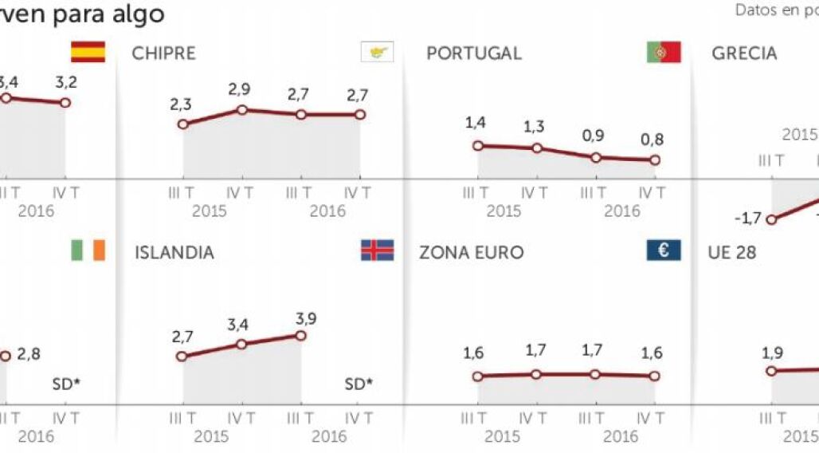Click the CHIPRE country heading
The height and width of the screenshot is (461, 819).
coord(163,53)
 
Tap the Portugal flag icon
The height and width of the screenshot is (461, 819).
coord(663,53)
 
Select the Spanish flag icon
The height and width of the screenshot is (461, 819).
coord(88,52)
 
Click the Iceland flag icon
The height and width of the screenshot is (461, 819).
coord(377,250)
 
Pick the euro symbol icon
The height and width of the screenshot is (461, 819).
coord(663,250)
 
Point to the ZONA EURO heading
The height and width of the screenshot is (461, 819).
coord(472,253)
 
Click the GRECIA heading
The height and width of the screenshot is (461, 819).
coord(744,53)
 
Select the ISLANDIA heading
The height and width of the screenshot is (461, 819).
coord(174,253)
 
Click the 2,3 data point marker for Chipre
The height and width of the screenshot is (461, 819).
coord(183,124)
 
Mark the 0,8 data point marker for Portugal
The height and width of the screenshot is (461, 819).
coord(655,160)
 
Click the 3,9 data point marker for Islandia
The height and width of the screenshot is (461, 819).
coord(300,335)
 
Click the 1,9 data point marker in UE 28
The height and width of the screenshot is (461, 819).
coord(770,371)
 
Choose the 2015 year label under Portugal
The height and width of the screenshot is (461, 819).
coord(504,211)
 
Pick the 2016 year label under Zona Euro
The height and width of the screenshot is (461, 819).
coord(621,436)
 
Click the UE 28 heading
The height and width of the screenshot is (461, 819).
coord(731,253)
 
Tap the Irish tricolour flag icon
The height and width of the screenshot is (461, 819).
coord(88,250)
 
